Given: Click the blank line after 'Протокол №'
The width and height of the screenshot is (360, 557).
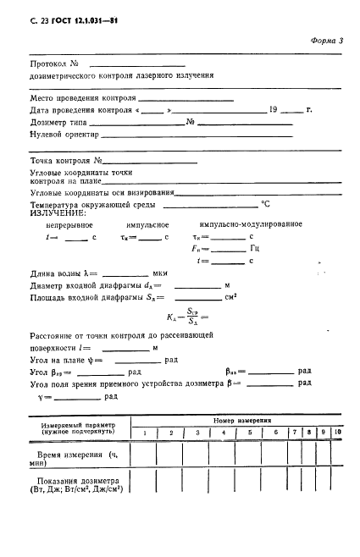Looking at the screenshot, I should coord(136,64).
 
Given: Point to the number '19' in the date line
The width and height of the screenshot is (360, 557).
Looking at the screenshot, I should coord(273,110).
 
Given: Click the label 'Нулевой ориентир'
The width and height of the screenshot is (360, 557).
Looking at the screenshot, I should coord(64,134).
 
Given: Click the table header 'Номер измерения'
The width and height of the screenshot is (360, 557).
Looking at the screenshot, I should coord(241,420).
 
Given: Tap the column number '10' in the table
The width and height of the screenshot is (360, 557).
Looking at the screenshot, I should coord(336,433).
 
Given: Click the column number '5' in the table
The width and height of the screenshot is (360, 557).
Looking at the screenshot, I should coord(250,433).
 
